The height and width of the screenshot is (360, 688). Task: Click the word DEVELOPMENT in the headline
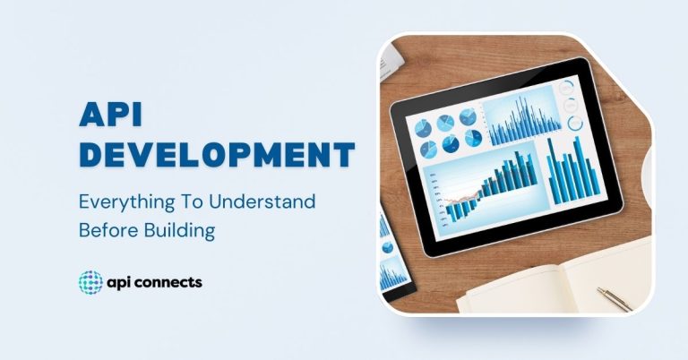216,154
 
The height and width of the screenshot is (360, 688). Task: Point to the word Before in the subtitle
107,230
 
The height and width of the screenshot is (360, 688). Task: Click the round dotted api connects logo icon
91,283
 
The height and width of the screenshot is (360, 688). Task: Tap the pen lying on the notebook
615,297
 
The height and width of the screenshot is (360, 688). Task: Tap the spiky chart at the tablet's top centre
520,120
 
